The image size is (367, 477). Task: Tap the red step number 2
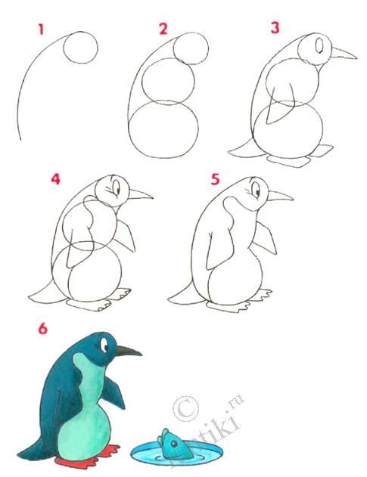(x=163, y=29)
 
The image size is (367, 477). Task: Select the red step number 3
(x=275, y=29)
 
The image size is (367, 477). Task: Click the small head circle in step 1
(x=80, y=48)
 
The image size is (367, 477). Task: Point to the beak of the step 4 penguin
(x=140, y=195)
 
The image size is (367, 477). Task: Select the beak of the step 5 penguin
(x=280, y=197)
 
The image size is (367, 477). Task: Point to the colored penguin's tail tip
(x=23, y=455)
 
